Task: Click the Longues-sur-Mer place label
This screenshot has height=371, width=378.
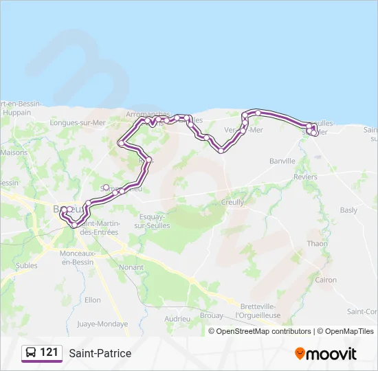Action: pyautogui.click(x=78, y=123)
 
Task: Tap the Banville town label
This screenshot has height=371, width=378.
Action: pyautogui.click(x=282, y=161)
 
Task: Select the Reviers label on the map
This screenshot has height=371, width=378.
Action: pyautogui.click(x=305, y=177)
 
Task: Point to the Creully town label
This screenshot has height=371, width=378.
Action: pyautogui.click(x=233, y=203)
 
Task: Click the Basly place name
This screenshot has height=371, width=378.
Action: pyautogui.click(x=348, y=210)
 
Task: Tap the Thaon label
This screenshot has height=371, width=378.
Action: pyautogui.click(x=317, y=244)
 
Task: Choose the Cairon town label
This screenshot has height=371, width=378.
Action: pyautogui.click(x=326, y=280)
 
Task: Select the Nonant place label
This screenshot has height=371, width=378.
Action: pyautogui.click(x=131, y=267)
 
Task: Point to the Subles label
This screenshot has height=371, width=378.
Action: pyautogui.click(x=27, y=265)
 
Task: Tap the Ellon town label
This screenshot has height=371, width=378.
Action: pyautogui.click(x=92, y=300)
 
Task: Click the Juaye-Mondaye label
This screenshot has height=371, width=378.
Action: pyautogui.click(x=102, y=324)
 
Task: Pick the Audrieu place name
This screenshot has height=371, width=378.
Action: pyautogui.click(x=177, y=319)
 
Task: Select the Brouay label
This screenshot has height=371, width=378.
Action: pyautogui.click(x=210, y=315)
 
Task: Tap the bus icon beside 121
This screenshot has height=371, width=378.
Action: pyautogui.click(x=30, y=353)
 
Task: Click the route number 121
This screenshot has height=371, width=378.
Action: pyautogui.click(x=49, y=353)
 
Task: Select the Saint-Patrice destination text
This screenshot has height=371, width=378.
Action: pyautogui.click(x=100, y=353)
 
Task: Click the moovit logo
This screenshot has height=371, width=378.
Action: pyautogui.click(x=326, y=353)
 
